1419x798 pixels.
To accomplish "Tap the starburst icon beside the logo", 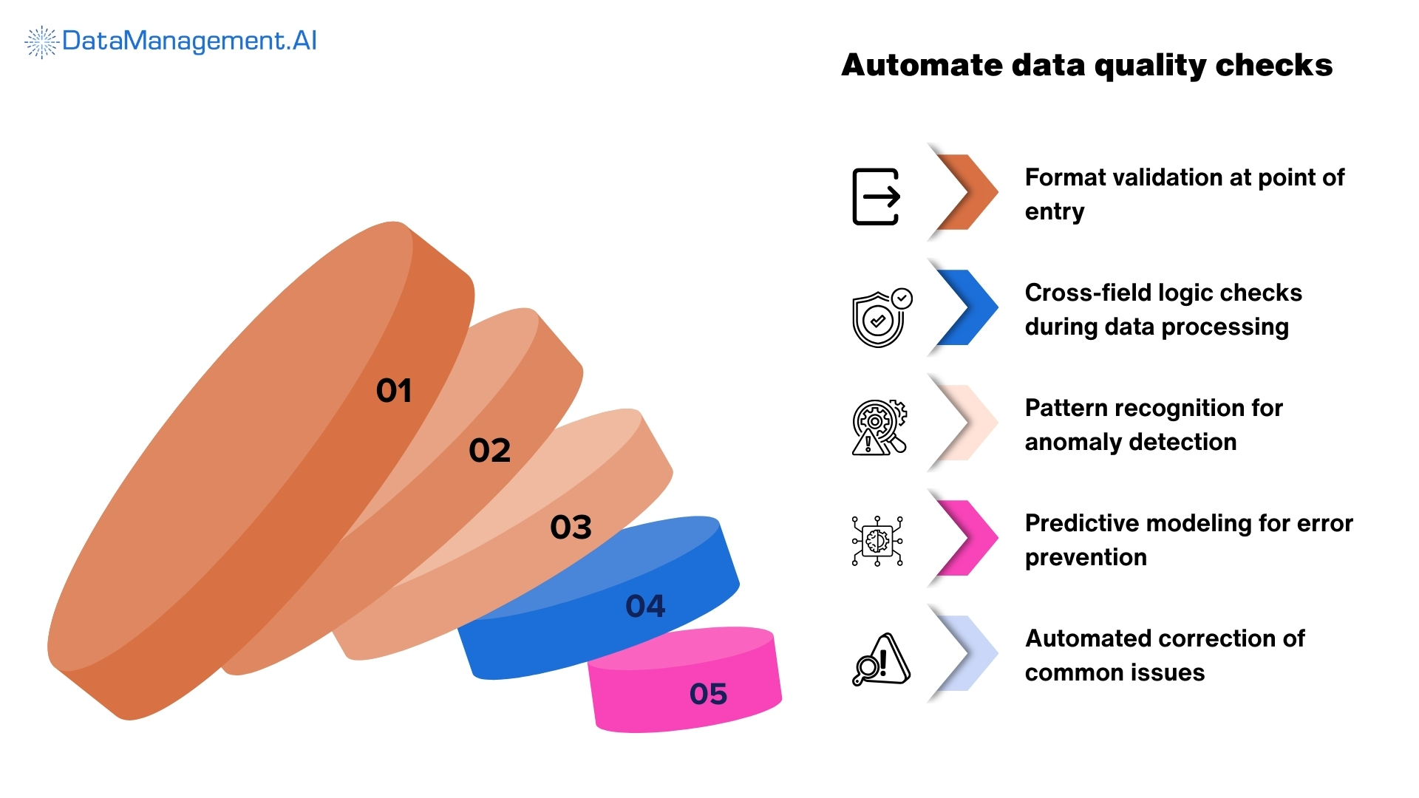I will [41, 41].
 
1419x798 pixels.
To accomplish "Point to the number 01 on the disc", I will [394, 390].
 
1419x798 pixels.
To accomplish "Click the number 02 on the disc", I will [489, 450].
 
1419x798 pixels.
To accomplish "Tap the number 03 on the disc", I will [571, 527].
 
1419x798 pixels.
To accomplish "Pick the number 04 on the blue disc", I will [645, 606].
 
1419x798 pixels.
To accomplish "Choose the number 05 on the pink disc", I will [708, 693].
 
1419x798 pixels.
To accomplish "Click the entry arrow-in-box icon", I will [877, 197].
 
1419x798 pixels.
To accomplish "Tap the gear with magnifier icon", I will [879, 427].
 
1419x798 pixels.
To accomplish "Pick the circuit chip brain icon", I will [877, 541].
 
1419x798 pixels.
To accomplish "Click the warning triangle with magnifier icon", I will [881, 659].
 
